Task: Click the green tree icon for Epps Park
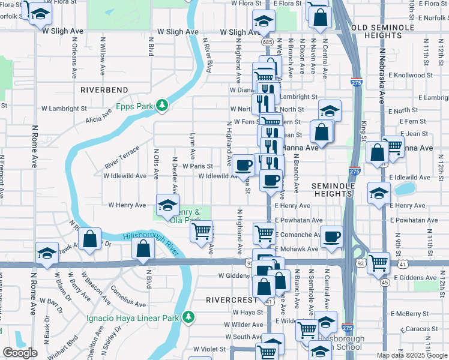click(161, 106)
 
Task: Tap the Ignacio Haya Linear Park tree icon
click(188, 316)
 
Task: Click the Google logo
click(20, 353)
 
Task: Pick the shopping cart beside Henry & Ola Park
click(202, 230)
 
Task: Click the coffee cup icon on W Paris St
click(244, 164)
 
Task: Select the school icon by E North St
click(329, 110)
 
